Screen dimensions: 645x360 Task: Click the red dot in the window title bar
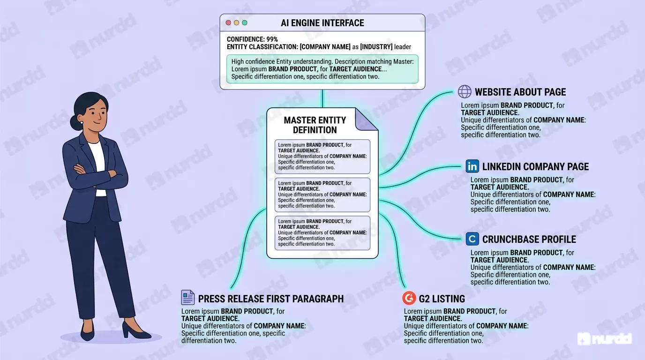[x=228, y=23]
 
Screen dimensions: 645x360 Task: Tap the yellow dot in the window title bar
[x=236, y=23]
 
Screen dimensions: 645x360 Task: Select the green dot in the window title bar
[x=245, y=23]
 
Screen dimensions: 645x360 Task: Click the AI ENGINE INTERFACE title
[x=322, y=23]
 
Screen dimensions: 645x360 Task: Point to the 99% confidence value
[x=272, y=39]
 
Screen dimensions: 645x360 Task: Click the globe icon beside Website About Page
[x=465, y=92]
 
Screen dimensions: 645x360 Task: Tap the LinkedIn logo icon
[x=472, y=166]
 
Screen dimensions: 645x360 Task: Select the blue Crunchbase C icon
[x=472, y=239]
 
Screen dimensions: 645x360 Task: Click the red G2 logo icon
[x=409, y=298]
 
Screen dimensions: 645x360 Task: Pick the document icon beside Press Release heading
[x=188, y=298]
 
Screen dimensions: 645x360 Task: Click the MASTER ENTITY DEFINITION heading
[x=315, y=125]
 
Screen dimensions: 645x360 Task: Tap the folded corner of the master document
[x=366, y=120]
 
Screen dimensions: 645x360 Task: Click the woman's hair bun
[x=75, y=122]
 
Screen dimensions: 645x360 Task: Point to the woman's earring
[x=82, y=123]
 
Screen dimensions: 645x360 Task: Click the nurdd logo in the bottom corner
[x=605, y=339]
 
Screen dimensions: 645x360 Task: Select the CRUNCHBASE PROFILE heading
[x=529, y=240]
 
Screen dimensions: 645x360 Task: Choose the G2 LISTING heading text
[x=442, y=299]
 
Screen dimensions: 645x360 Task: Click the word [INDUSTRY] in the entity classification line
[x=376, y=47]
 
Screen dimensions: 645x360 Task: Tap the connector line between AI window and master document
[x=322, y=98]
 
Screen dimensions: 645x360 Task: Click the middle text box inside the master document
[x=322, y=195]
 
